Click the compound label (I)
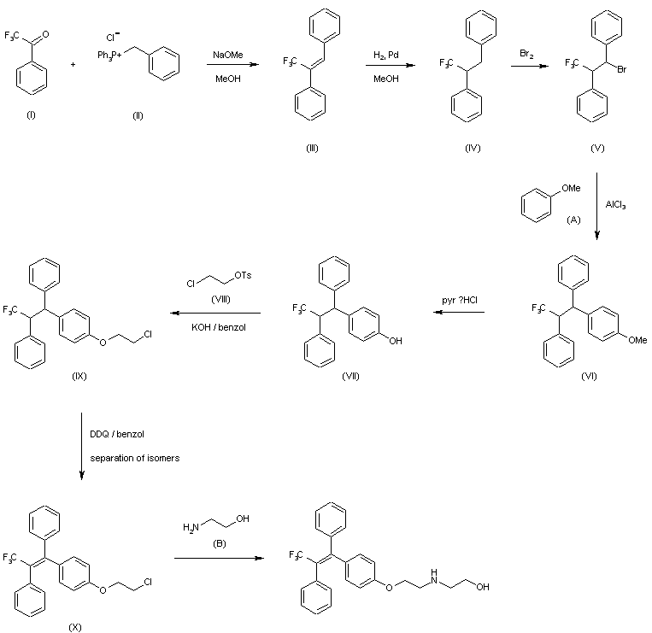click(31, 115)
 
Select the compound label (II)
click(138, 115)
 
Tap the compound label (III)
click(312, 148)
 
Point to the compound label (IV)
click(473, 148)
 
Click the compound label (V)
click(597, 148)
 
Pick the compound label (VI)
click(589, 376)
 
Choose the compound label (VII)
click(350, 376)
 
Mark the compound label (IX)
click(79, 376)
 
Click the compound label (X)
click(75, 627)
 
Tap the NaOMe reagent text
click(228, 55)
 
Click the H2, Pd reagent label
click(386, 56)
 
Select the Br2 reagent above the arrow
click(526, 54)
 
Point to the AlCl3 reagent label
click(615, 204)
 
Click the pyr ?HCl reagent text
click(460, 300)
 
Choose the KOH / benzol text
click(219, 327)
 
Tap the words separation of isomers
click(135, 458)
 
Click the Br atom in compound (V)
click(621, 69)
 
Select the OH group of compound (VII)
click(396, 341)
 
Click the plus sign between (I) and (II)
click(73, 64)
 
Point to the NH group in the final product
click(434, 576)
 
